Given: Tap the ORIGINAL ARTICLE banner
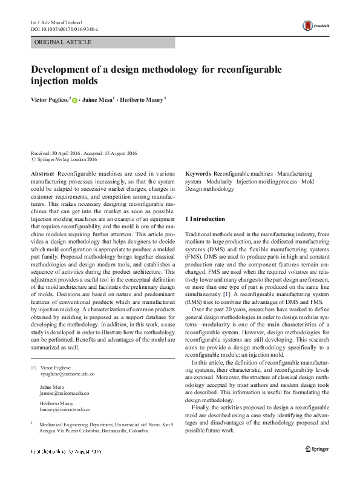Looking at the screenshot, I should click(64, 42).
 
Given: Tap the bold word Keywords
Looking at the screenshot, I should click(198, 173).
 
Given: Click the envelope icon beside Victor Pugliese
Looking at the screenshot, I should click(34, 368).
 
